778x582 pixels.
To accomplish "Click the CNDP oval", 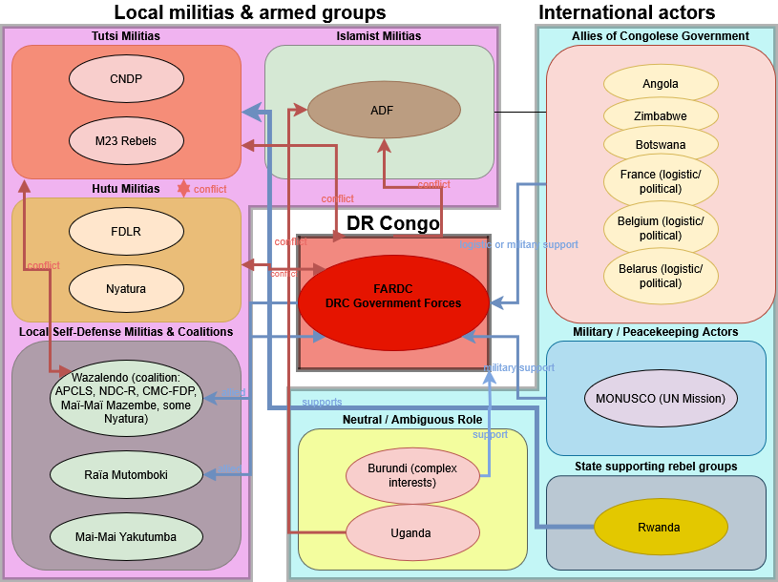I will (126, 79).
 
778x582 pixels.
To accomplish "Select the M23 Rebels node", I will (126, 141).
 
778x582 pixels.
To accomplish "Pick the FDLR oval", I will (126, 231).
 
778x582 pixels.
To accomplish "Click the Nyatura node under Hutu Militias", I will (126, 288).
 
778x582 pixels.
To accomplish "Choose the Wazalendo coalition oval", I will (126, 396).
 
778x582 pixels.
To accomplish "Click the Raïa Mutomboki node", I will (126, 471).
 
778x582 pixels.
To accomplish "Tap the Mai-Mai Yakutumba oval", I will (126, 536).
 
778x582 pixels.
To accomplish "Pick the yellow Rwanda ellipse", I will (659, 528).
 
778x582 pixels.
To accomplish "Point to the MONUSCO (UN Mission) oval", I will (661, 399).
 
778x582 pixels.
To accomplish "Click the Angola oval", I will (661, 84).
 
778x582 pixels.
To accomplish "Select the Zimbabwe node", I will (661, 115).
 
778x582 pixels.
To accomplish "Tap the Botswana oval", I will (661, 145).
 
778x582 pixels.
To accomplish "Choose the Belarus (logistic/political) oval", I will (661, 276).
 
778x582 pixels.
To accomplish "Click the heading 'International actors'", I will (626, 12).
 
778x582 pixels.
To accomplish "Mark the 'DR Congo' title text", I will (392, 224).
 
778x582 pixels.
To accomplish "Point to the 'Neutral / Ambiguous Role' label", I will (412, 420).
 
